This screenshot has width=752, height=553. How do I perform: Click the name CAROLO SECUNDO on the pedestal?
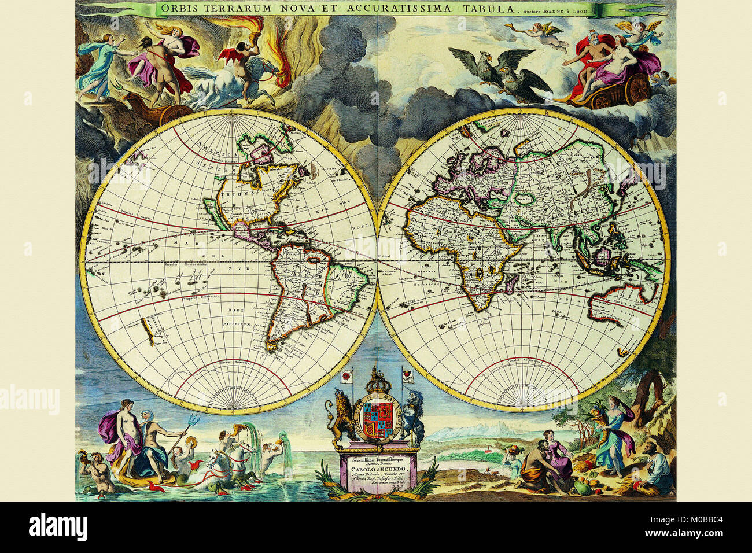(x=379, y=467)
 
